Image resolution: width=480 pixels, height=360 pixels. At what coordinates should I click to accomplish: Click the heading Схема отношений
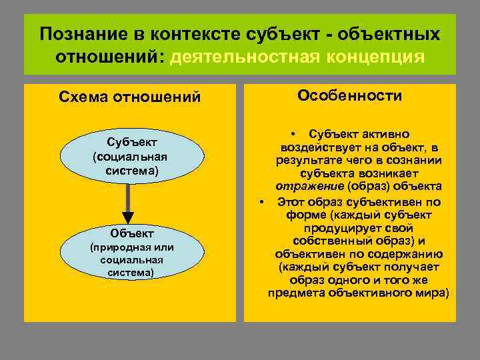tap(129, 97)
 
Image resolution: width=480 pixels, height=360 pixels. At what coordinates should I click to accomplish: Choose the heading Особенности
tap(349, 96)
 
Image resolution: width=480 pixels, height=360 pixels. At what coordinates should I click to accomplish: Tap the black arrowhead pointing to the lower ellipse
tap(128, 218)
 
